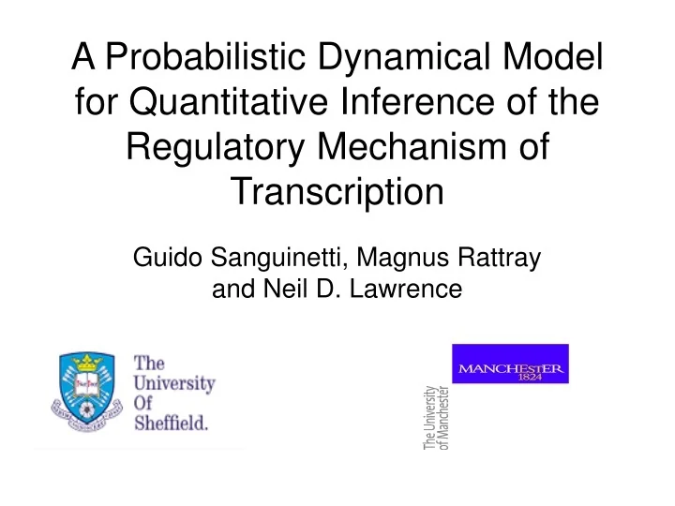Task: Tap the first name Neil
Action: pyautogui.click(x=317, y=290)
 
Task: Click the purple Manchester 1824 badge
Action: pyautogui.click(x=510, y=364)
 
